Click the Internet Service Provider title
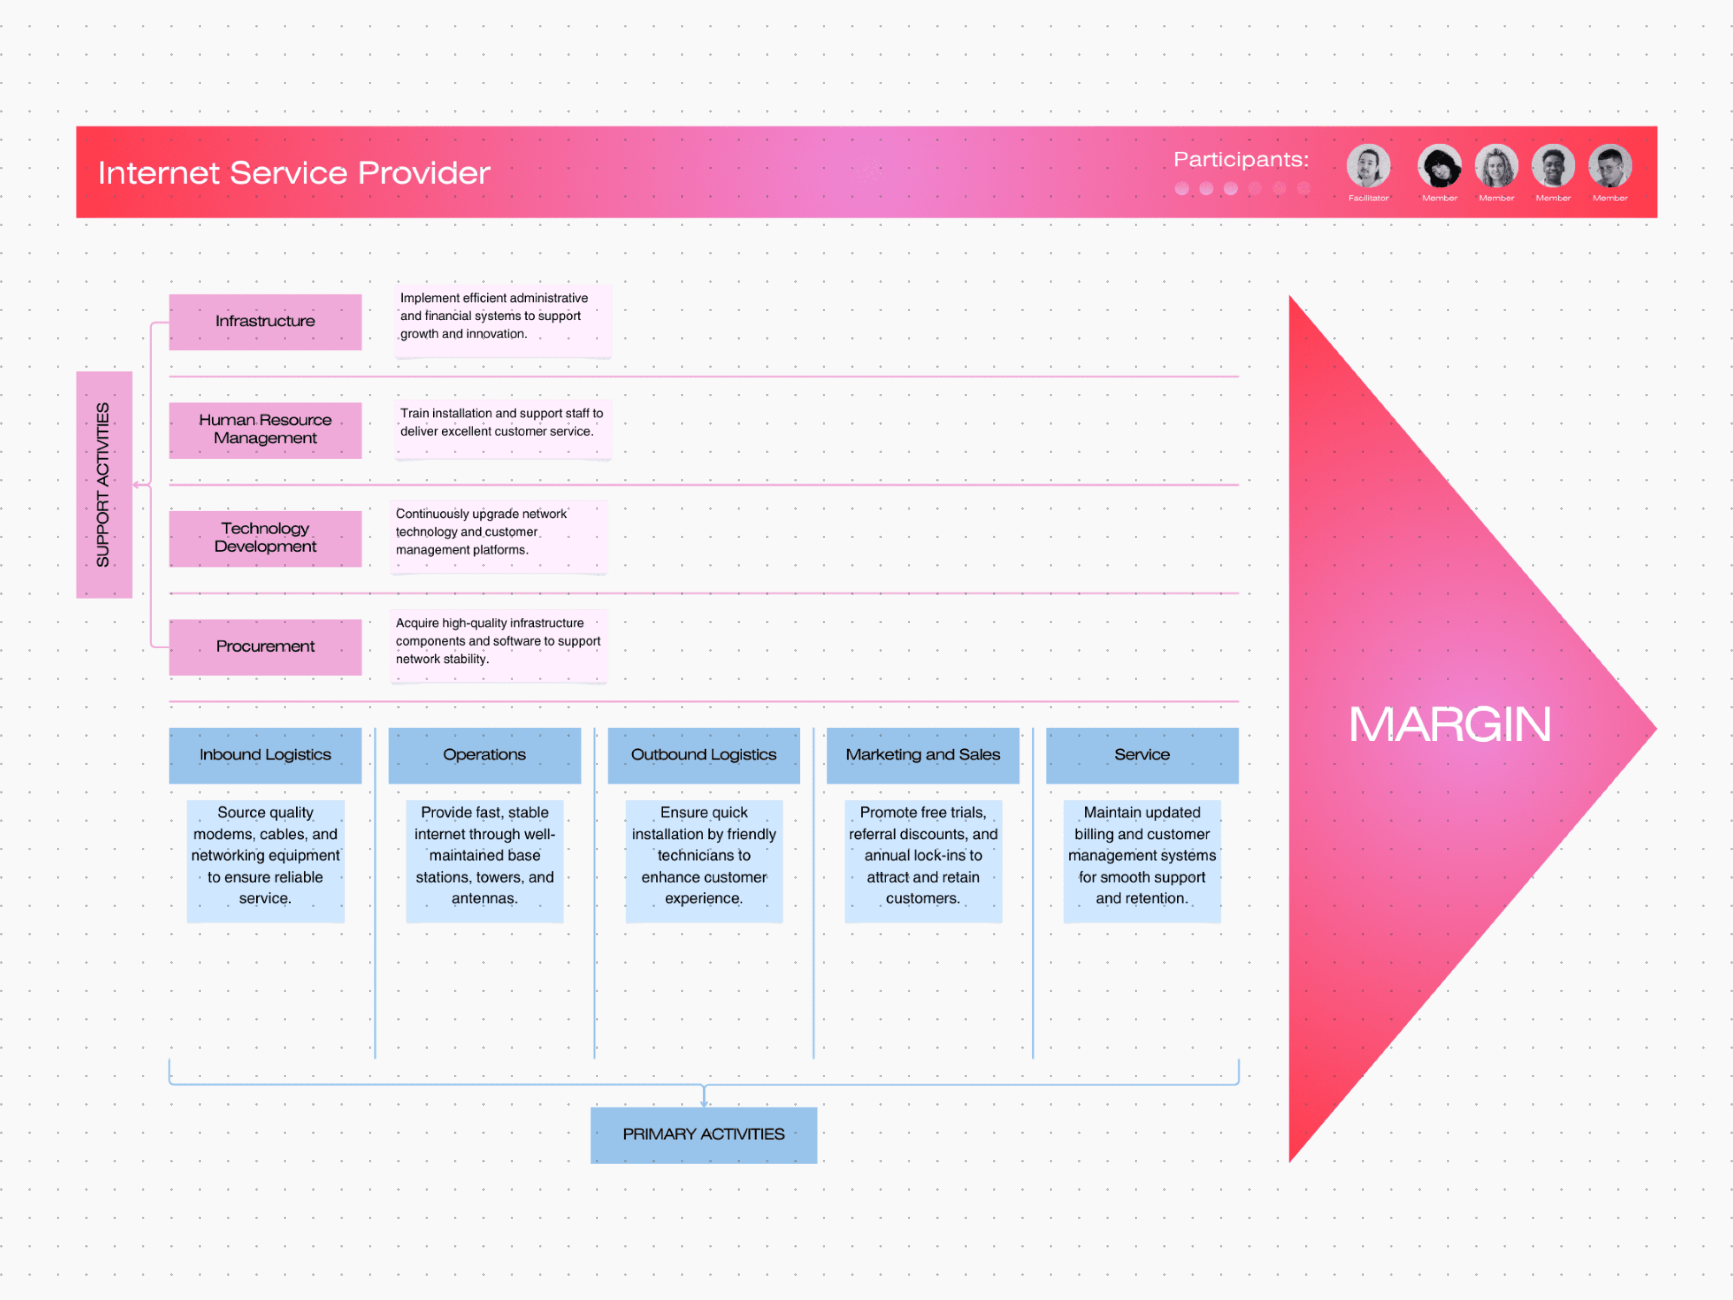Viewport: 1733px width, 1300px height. pos(294,172)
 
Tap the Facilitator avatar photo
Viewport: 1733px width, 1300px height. pos(1368,166)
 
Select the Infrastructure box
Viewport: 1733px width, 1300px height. pos(265,321)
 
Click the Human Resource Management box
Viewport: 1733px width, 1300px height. pos(265,429)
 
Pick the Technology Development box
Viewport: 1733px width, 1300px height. pos(265,537)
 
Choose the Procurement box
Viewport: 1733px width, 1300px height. pos(265,647)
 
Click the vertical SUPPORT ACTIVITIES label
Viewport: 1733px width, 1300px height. pos(104,484)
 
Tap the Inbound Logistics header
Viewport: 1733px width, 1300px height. pos(265,754)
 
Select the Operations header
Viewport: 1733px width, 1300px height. pos(484,754)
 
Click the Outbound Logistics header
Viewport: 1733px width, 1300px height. pos(704,754)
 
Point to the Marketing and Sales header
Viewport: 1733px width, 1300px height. pos(923,754)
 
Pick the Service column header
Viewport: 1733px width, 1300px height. pos(1142,754)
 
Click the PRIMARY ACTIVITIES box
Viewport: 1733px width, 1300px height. pos(704,1134)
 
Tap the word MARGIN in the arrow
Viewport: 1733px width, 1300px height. pos(1449,725)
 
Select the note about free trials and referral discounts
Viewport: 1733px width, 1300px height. pos(923,855)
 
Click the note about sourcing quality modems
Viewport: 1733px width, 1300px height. pos(265,855)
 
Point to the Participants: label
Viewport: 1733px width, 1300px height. pos(1240,160)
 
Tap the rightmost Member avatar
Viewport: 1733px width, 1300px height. pos(1609,166)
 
